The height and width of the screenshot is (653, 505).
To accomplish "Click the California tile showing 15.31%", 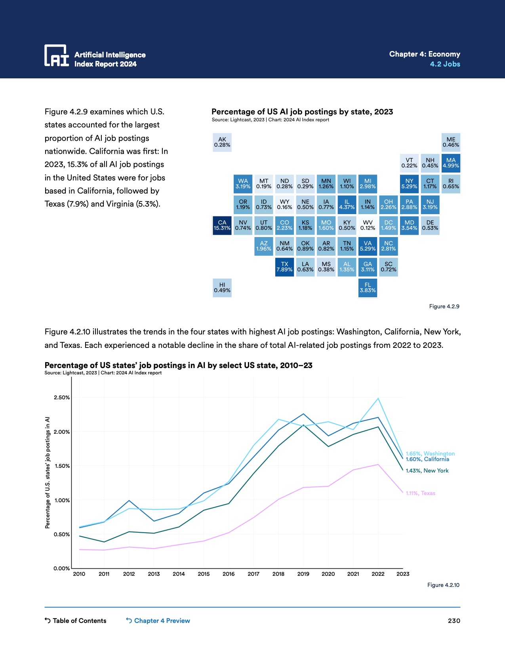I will pos(222,226).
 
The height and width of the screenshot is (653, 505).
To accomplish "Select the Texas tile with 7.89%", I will pos(284,267).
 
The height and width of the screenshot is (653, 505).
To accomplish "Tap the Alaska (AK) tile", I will pos(222,142).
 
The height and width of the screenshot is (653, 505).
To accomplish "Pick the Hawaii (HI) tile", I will pos(222,288).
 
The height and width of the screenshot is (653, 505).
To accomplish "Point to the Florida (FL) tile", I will pos(368,288).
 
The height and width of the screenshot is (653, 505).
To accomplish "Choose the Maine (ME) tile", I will pos(451,142).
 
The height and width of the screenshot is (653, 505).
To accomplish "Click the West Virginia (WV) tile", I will pos(368,226).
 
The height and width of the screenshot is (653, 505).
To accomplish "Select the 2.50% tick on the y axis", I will pos(62,397).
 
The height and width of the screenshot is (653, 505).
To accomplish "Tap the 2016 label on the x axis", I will pos(229,574).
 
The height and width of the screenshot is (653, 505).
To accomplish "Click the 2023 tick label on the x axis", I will pos(403,574).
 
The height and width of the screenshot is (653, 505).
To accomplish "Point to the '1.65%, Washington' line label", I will pos(430,454).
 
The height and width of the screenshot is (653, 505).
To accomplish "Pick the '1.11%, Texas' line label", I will pos(420,493).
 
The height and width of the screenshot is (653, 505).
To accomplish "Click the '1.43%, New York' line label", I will pos(427,471).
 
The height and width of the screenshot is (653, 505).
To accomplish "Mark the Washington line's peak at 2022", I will pos(378,398).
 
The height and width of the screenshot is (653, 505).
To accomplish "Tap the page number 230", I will pos(454,621).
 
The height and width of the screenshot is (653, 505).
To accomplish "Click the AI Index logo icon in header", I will pos(56,55).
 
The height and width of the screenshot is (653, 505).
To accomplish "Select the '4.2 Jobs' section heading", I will pos(445,64).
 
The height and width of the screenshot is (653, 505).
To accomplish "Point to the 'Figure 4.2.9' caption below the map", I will pos(444,306).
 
